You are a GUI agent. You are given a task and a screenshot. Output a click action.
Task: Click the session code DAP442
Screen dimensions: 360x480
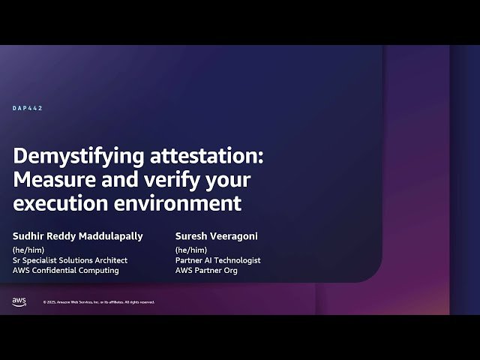[28, 108]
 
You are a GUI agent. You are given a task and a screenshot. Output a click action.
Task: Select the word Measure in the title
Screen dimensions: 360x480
[49, 180]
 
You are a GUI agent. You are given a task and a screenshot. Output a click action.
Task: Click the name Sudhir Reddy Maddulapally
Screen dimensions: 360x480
[77, 235]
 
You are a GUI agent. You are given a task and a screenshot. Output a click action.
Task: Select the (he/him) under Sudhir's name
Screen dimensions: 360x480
[26, 249]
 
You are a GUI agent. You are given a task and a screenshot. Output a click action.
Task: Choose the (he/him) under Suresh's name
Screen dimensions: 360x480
[188, 249]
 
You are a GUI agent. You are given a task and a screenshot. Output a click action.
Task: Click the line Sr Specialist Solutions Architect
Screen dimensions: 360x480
[70, 260]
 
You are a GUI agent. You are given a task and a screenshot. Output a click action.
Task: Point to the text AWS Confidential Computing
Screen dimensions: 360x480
[66, 270]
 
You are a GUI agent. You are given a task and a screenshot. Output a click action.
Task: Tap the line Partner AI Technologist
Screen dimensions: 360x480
[217, 260]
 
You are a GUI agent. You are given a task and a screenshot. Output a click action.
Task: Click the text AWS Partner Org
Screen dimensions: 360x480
[205, 270]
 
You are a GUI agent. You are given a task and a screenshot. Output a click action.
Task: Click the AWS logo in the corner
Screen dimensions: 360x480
[19, 301]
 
